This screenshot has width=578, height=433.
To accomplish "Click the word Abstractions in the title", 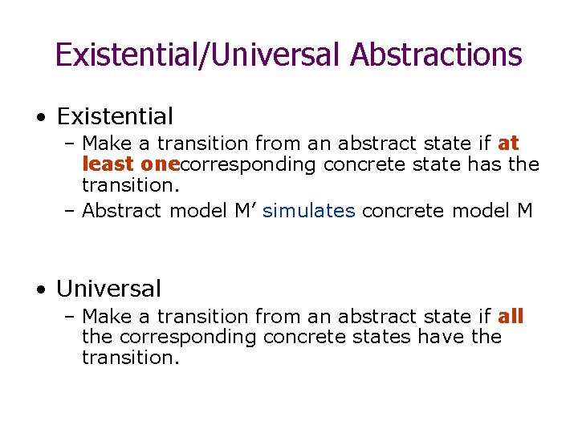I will pyautogui.click(x=437, y=55).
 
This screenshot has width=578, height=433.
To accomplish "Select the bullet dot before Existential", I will pyautogui.click(x=40, y=118).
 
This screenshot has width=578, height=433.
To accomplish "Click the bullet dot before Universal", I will pyautogui.click(x=40, y=289).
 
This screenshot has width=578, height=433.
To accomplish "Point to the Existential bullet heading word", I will pyautogui.click(x=115, y=117).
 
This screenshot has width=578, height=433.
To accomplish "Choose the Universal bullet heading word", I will pyautogui.click(x=109, y=289).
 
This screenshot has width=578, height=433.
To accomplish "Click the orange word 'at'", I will pyautogui.click(x=509, y=144).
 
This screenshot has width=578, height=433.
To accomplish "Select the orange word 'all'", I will pyautogui.click(x=511, y=317).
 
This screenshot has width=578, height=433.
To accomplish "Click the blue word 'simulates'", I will pyautogui.click(x=308, y=212).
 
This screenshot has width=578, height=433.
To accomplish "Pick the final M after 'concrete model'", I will pyautogui.click(x=525, y=211).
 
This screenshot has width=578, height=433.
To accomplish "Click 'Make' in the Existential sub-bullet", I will pyautogui.click(x=108, y=144).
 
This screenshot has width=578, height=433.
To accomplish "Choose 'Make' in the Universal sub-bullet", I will pyautogui.click(x=108, y=317).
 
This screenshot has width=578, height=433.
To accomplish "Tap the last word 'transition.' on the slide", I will pyautogui.click(x=131, y=357).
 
